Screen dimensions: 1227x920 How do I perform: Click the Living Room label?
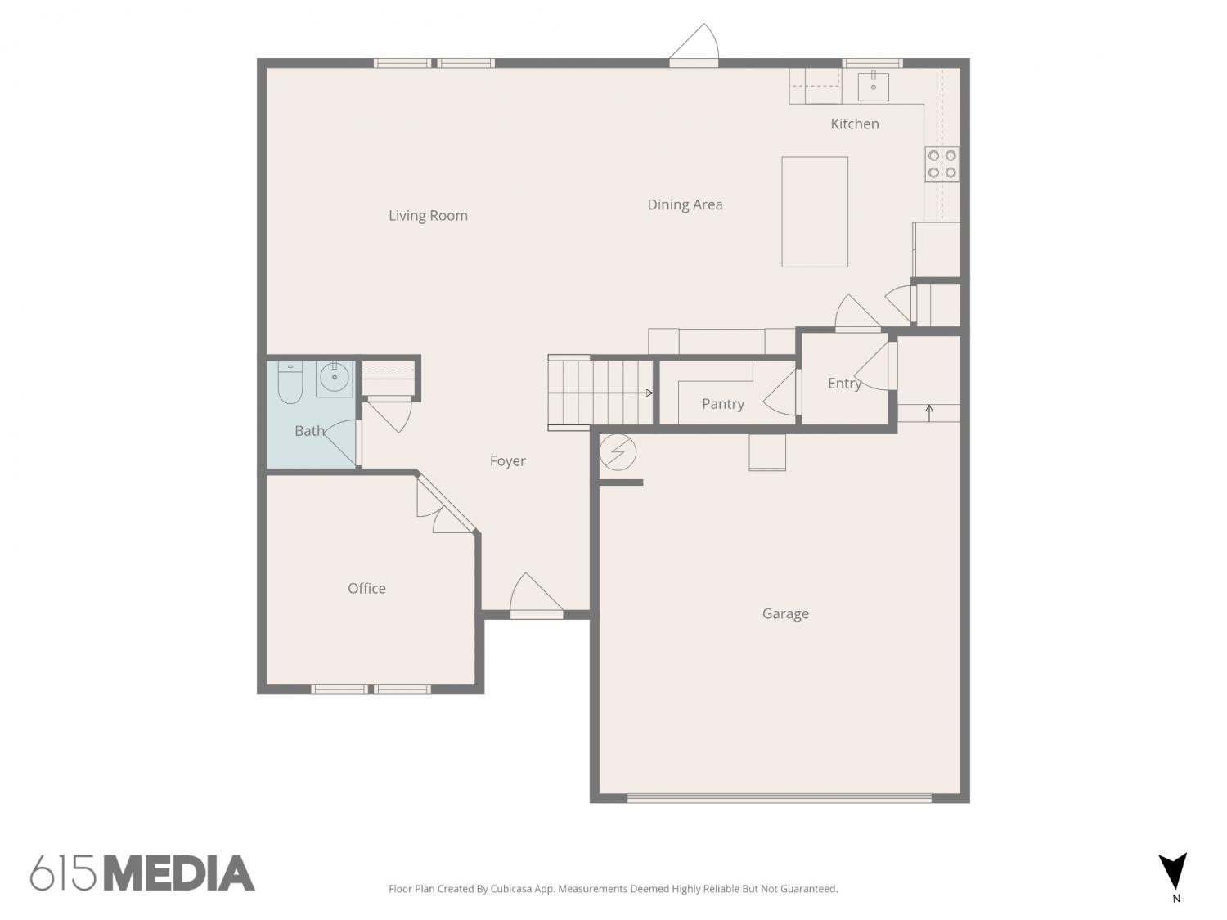pyautogui.click(x=428, y=216)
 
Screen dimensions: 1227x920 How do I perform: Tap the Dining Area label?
pyautogui.click(x=685, y=205)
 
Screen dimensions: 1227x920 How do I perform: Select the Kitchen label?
pyautogui.click(x=854, y=124)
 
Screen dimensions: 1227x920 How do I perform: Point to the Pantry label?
pyautogui.click(x=723, y=404)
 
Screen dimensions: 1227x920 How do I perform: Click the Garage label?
pyautogui.click(x=785, y=614)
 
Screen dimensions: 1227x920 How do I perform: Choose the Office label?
pyautogui.click(x=366, y=588)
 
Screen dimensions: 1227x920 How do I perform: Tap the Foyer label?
pyautogui.click(x=508, y=461)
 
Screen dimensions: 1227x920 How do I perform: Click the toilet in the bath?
pyautogui.click(x=290, y=383)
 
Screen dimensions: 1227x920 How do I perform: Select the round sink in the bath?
pyautogui.click(x=335, y=378)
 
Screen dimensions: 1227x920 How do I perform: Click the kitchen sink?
pyautogui.click(x=873, y=87)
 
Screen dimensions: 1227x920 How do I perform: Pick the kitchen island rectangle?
pyautogui.click(x=815, y=212)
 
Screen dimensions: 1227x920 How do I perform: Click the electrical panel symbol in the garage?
pyautogui.click(x=618, y=452)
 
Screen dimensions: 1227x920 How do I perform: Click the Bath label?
pyautogui.click(x=309, y=431)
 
